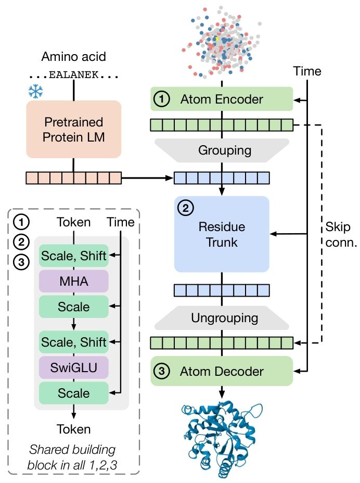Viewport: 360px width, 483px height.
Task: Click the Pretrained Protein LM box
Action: pyautogui.click(x=73, y=129)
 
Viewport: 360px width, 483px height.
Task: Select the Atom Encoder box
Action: pyautogui.click(x=222, y=99)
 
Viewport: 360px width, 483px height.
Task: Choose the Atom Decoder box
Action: pyautogui.click(x=222, y=371)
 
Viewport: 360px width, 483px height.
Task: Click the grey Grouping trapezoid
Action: pyautogui.click(x=222, y=150)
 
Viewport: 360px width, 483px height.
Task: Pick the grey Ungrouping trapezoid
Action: pyautogui.click(x=222, y=317)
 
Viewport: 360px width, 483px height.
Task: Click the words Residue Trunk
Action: pyautogui.click(x=222, y=235)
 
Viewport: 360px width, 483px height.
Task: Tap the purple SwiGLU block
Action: pyautogui.click(x=73, y=368)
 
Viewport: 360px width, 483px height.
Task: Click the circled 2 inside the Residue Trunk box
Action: pyautogui.click(x=185, y=209)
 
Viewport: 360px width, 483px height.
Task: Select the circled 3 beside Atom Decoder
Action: pyautogui.click(x=163, y=371)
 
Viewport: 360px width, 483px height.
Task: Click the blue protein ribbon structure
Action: pyautogui.click(x=222, y=440)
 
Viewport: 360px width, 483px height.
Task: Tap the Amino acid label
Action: pyautogui.click(x=73, y=57)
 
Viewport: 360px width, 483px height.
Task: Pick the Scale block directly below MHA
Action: pyautogui.click(x=73, y=307)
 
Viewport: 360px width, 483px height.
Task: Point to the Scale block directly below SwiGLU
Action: pyautogui.click(x=73, y=393)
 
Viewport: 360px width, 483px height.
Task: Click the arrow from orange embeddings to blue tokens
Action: pyautogui.click(x=147, y=178)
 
